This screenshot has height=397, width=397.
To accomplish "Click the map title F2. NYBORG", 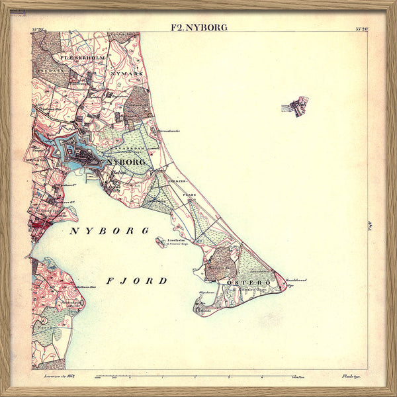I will (198, 27).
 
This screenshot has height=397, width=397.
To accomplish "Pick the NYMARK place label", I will (128, 73).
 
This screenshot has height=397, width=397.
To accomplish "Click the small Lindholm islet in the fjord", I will (161, 242).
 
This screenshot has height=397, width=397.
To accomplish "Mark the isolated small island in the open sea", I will (295, 107).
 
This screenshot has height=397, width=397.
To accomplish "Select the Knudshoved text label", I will (296, 281).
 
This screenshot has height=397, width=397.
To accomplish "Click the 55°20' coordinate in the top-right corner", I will (362, 28).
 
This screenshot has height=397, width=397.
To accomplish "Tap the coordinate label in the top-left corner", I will (38, 28).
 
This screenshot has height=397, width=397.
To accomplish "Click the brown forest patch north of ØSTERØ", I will (219, 263).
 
